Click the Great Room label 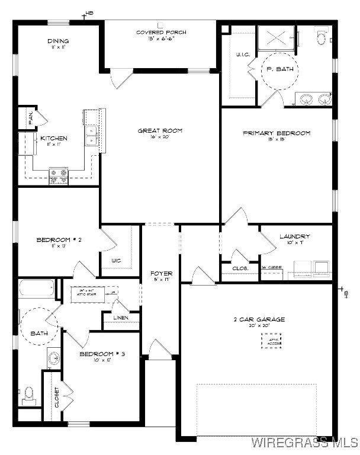pos(160,130)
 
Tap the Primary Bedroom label pos(277,133)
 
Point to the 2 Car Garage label pos(259,320)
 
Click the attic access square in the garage pos(272,340)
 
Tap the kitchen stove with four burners pos(59,176)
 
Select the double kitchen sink pos(92,136)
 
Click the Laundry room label pos(294,237)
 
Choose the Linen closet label pos(121,318)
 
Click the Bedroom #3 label pos(102,354)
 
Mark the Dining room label pos(58,41)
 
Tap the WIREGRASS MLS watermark pos(304,443)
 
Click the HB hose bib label pos(89,13)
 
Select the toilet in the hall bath pos(28,396)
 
